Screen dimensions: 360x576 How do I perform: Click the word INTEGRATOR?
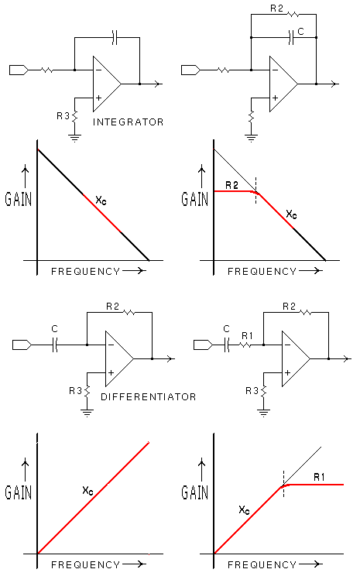[x=128, y=122]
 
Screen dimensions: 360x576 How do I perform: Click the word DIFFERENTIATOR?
[x=149, y=396]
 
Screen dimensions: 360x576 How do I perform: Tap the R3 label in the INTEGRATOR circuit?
[x=63, y=116]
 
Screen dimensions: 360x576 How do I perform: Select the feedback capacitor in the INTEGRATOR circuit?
[x=115, y=37]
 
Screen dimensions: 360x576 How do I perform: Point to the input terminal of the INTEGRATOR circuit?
[x=19, y=70]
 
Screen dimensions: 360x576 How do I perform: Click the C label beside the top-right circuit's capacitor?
[x=301, y=32]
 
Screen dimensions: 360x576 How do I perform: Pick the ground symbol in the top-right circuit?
[x=252, y=139]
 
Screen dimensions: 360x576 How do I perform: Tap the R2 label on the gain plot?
[x=231, y=185]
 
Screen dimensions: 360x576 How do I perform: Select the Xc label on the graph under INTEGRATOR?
[x=101, y=201]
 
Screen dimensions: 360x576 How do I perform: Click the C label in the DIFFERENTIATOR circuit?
[x=55, y=328]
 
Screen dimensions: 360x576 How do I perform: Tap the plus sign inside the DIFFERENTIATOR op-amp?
[x=111, y=372]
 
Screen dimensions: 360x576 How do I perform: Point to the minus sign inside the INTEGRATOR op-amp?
[x=98, y=70]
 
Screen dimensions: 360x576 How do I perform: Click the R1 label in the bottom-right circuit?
[x=247, y=335]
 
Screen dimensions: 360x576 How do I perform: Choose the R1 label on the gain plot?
[x=319, y=477]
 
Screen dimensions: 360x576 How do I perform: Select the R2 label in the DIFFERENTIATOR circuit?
[x=112, y=306]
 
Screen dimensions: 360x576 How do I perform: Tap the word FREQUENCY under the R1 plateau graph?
[x=262, y=564]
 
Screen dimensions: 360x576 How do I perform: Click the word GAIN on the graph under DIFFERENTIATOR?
[x=19, y=492]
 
